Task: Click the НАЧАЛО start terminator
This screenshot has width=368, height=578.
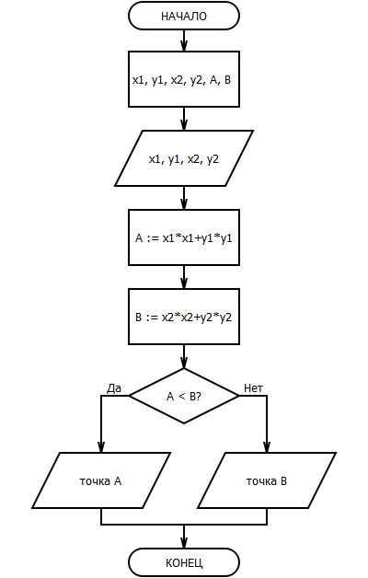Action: pos(184,16)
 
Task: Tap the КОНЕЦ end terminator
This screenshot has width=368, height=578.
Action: pos(184,562)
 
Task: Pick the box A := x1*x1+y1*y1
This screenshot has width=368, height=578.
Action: pos(184,237)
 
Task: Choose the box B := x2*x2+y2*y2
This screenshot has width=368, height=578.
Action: pos(184,317)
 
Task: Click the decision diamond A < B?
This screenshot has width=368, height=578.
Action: pos(184,396)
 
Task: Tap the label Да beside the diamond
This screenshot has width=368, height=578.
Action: pos(114,388)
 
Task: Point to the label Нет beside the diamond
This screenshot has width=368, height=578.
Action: pos(253,388)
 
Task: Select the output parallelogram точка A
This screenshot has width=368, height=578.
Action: pos(101,480)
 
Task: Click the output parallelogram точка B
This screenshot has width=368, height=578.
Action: pos(267,480)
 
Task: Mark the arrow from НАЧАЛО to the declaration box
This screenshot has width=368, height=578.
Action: pos(184,40)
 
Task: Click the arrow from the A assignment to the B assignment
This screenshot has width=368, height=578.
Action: pos(184,277)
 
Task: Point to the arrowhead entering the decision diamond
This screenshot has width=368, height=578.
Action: pos(184,363)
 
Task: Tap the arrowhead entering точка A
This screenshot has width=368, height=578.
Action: pos(101,447)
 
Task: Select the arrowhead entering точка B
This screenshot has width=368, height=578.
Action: pos(267,447)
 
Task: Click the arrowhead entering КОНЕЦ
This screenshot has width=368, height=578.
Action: pos(184,543)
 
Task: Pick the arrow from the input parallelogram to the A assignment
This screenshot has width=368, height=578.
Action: pos(184,198)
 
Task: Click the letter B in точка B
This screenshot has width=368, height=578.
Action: pos(283,481)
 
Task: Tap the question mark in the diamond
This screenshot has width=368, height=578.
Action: pos(198,397)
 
